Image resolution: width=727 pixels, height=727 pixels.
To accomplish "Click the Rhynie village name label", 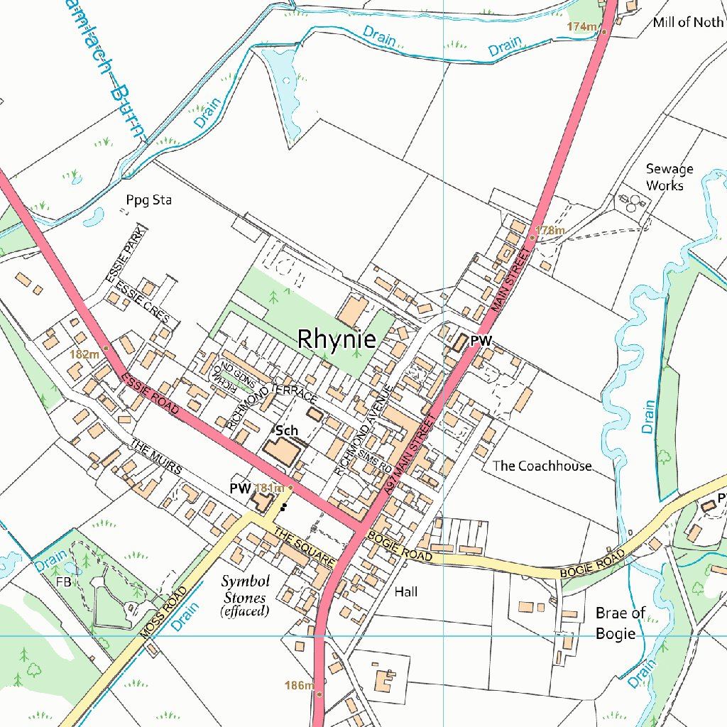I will [337, 339].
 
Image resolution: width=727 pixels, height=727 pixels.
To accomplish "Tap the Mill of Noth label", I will [687, 22].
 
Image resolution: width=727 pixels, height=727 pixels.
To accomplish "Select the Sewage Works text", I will [669, 177].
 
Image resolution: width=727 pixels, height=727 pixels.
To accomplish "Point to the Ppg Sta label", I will [149, 200].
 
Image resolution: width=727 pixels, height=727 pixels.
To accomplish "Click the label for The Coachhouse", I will [542, 466].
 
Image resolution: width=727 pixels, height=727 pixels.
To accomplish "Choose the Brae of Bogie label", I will [620, 623].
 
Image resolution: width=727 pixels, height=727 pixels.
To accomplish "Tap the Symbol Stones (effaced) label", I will [244, 595].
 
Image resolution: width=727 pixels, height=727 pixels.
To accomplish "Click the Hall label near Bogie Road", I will [406, 591].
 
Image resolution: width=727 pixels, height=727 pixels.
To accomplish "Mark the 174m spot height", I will [581, 27].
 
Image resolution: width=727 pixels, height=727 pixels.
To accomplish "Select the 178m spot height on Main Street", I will [550, 230].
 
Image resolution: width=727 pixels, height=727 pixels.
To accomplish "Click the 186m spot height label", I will [298, 685].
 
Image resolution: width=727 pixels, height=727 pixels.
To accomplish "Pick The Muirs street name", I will [156, 458].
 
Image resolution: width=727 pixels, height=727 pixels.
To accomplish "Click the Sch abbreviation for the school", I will [287, 430].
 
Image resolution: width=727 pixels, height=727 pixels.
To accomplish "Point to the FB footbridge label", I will [65, 581].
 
